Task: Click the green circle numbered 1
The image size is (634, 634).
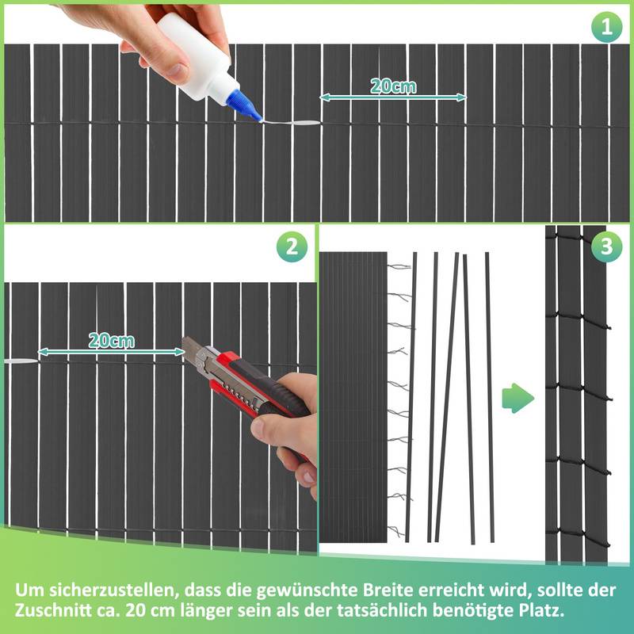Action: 607,29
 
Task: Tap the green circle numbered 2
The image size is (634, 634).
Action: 292,246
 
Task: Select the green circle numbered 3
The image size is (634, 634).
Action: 607,246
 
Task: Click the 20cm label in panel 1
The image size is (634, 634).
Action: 393,86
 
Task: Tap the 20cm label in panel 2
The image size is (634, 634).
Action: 111,341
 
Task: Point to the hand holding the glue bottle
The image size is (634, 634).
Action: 135,32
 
